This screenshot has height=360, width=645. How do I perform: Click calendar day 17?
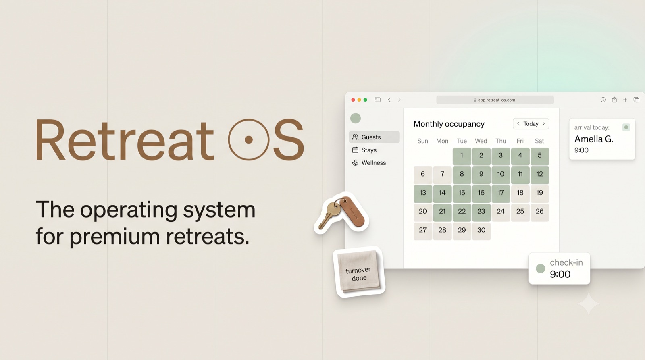[x=501, y=193]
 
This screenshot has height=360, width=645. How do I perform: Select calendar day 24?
[x=501, y=211]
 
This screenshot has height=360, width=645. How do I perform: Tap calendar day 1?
[x=462, y=156]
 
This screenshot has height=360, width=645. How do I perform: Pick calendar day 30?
[x=481, y=230]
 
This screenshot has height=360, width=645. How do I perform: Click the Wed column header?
[x=481, y=141]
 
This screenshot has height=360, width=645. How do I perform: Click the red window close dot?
[x=353, y=100]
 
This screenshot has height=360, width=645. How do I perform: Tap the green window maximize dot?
[x=365, y=100]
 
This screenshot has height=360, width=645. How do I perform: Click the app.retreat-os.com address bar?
[x=495, y=100]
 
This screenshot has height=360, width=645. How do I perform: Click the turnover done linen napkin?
[x=359, y=272]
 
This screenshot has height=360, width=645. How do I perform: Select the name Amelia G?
[x=594, y=139]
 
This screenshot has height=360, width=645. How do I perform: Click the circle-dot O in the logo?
[x=249, y=139]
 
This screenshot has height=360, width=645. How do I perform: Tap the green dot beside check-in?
[x=541, y=268]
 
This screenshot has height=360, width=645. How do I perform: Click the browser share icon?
[x=614, y=100]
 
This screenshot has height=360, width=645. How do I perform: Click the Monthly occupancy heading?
[x=449, y=124]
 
